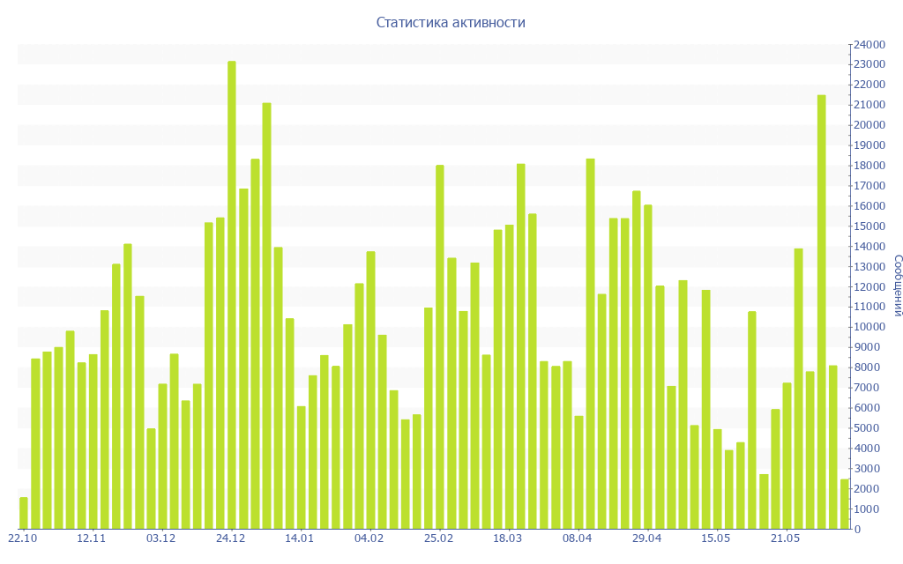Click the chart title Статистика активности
pos(451,22)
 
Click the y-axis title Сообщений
pos(897,286)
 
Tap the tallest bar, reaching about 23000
pos(232,295)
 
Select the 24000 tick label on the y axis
pos(869,44)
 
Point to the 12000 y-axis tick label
pos(869,286)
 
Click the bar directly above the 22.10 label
pos(24,514)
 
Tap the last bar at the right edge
pos(844,504)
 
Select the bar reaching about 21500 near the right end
pos(821,312)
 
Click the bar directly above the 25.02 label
pos(440,347)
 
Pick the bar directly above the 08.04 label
pos(590,344)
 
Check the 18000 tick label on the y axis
pos(869,166)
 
